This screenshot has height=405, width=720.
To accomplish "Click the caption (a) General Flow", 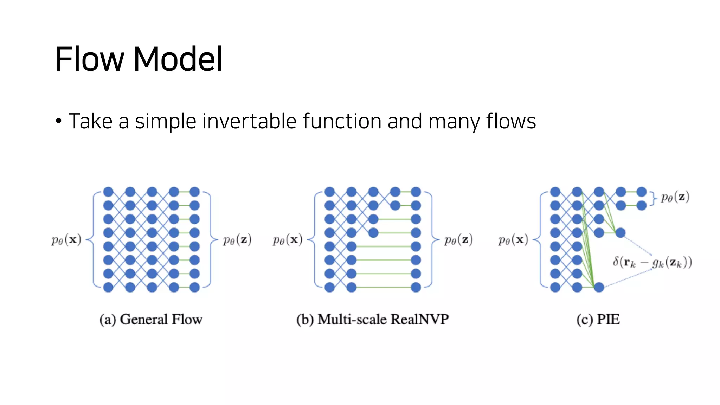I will (151, 320).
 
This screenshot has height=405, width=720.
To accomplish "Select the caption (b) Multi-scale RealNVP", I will (372, 320).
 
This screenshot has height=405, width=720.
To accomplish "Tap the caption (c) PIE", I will (598, 320).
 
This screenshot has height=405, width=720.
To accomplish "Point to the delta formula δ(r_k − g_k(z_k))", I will (652, 262).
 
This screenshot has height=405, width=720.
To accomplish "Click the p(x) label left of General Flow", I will (66, 240).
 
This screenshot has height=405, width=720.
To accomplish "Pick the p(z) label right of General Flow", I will (237, 240).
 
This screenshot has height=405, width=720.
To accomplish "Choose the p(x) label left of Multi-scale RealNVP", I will (288, 240).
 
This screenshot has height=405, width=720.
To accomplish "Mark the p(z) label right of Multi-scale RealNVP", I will (458, 240).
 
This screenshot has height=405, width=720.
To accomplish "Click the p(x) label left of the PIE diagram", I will (513, 240).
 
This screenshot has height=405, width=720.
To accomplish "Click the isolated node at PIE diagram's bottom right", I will (599, 287).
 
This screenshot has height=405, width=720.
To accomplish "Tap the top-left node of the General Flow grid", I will (108, 192).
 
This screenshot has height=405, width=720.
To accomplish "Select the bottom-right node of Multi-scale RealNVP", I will (416, 287).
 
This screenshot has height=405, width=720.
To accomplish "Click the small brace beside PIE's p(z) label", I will (653, 198).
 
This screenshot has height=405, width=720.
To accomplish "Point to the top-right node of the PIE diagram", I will (642, 192).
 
